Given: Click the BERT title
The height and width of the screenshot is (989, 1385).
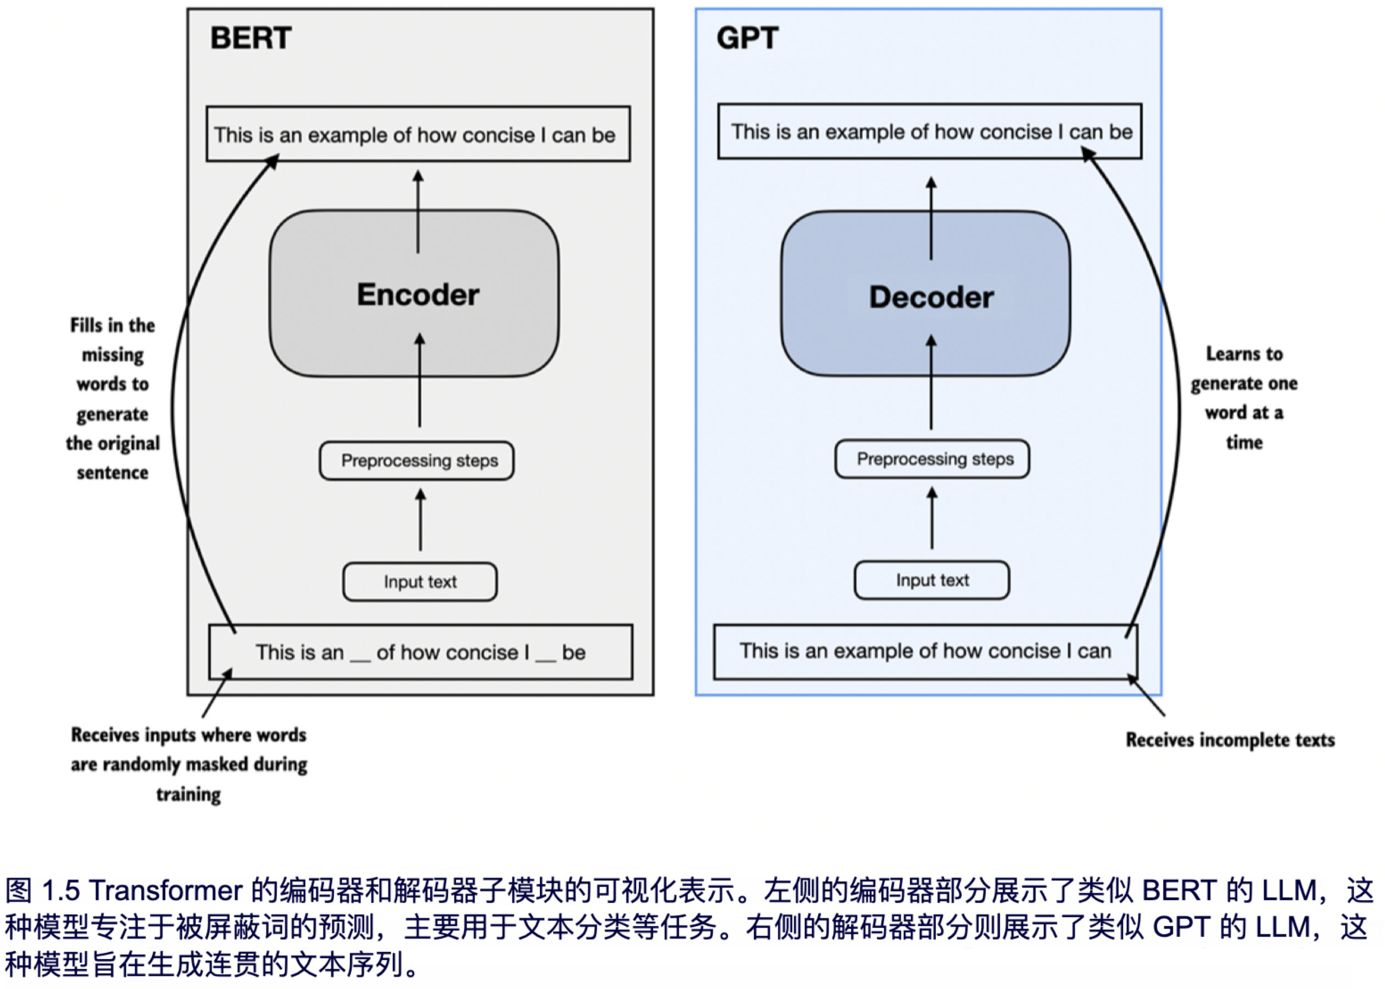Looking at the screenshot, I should pyautogui.click(x=251, y=38).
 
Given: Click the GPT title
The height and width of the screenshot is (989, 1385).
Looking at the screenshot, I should pyautogui.click(x=747, y=38).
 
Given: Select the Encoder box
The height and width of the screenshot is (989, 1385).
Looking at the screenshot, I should pyautogui.click(x=414, y=294).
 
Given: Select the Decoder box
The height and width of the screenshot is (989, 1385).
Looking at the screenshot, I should pyautogui.click(x=926, y=296).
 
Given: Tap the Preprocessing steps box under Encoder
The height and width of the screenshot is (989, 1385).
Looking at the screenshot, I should pyautogui.click(x=417, y=460).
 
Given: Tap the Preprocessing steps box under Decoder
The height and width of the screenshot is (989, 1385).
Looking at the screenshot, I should pyautogui.click(x=932, y=459).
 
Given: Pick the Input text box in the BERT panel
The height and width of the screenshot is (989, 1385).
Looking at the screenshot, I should pyautogui.click(x=420, y=581).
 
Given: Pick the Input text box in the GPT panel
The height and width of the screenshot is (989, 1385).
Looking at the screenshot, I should pyautogui.click(x=932, y=580).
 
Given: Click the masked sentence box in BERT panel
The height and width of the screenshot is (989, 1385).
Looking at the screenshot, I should pyautogui.click(x=420, y=652).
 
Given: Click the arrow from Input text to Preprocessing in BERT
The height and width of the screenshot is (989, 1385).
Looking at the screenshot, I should pyautogui.click(x=420, y=521).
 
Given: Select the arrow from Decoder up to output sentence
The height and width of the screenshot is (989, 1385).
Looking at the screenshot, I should pyautogui.click(x=931, y=218).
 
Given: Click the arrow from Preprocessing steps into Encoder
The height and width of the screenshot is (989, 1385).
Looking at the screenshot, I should pyautogui.click(x=419, y=381).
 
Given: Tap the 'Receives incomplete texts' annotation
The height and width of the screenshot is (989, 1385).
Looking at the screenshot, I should pyautogui.click(x=1230, y=739).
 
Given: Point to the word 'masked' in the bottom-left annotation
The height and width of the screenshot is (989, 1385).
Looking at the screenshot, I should pyautogui.click(x=226, y=764).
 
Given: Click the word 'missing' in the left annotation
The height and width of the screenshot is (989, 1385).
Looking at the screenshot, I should pyautogui.click(x=113, y=354).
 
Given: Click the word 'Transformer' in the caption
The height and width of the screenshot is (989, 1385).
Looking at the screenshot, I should pyautogui.click(x=166, y=891).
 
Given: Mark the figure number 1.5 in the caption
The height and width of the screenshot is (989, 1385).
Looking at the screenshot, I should pyautogui.click(x=61, y=891).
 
